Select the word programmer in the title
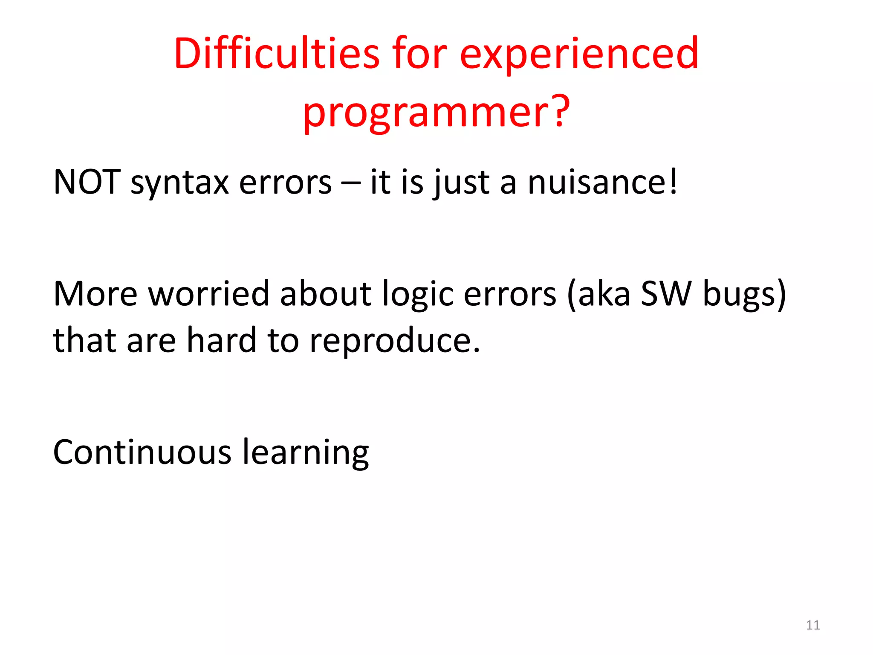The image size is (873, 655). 426,112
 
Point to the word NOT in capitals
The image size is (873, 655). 87,182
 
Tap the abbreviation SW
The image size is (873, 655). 665,294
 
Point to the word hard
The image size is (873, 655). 222,340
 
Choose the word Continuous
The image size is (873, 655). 142,452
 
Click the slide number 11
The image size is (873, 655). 812,625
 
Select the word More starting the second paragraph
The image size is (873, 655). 95,294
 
